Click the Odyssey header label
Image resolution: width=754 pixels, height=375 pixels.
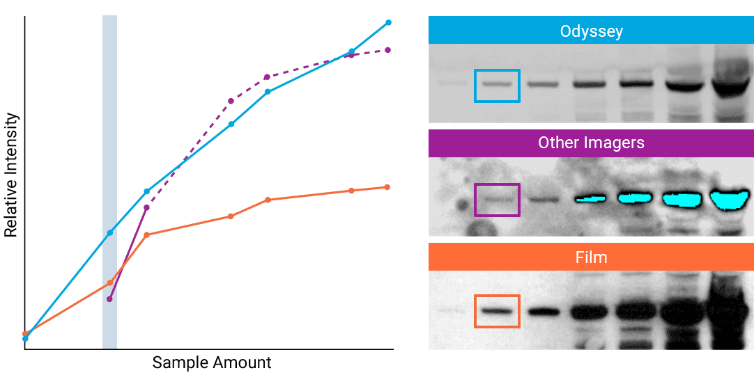click(591, 31)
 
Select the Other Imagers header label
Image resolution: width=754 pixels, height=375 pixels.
click(591, 143)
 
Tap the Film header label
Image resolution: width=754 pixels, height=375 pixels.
click(591, 257)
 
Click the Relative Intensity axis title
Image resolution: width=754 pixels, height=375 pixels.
click(11, 175)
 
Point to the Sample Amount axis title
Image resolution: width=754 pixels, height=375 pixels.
click(212, 362)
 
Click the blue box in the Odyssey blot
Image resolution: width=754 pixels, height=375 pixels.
click(497, 86)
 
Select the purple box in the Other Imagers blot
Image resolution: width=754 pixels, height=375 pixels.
click(497, 200)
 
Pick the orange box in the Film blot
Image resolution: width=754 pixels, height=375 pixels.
click(497, 311)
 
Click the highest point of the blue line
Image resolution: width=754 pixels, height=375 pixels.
click(388, 22)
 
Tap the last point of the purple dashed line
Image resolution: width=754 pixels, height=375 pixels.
click(387, 50)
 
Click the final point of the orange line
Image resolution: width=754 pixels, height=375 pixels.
click(387, 187)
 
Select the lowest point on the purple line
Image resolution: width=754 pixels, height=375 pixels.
click(109, 299)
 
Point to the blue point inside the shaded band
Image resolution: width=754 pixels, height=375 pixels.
click(109, 232)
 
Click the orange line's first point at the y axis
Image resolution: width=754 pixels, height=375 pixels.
click(25, 334)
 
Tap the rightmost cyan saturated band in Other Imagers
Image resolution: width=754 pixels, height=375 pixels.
click(728, 200)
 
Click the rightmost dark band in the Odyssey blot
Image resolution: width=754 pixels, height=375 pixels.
click(729, 88)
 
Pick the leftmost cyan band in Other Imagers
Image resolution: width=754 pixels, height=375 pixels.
click(592, 199)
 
